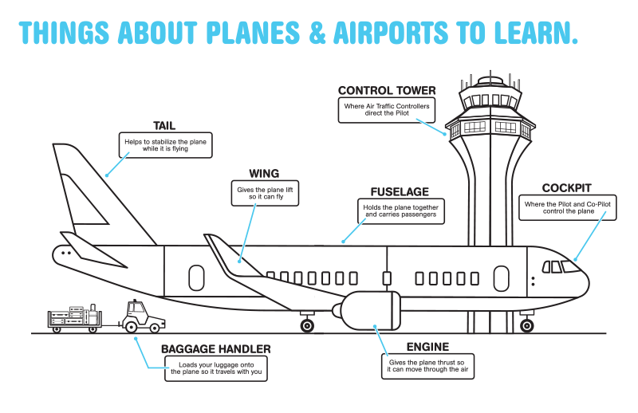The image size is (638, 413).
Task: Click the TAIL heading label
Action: coord(164,126)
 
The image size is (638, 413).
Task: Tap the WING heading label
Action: coord(264,174)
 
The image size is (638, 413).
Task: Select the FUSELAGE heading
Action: coord(400,192)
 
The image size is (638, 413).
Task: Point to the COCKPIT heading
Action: coord(567,188)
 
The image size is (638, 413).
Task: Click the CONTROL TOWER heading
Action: coord(387,90)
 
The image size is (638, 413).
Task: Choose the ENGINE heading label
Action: coord(427,347)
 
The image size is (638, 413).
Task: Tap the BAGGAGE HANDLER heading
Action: coord(215,349)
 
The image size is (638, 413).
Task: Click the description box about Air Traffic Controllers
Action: coord(387,110)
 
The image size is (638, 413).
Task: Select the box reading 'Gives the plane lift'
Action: coord(265,193)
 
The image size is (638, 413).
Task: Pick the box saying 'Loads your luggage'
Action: coord(216,368)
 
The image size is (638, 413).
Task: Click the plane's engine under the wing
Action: coord(366,310)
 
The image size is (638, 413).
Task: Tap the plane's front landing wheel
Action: coord(527,325)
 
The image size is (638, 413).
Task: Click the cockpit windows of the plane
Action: coord(561,267)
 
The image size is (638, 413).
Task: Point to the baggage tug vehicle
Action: coord(143,317)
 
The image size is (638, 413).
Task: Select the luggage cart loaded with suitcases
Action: coord(74,319)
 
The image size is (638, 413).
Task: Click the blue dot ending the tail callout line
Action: coord(107,175)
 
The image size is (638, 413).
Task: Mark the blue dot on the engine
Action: coord(375,326)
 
